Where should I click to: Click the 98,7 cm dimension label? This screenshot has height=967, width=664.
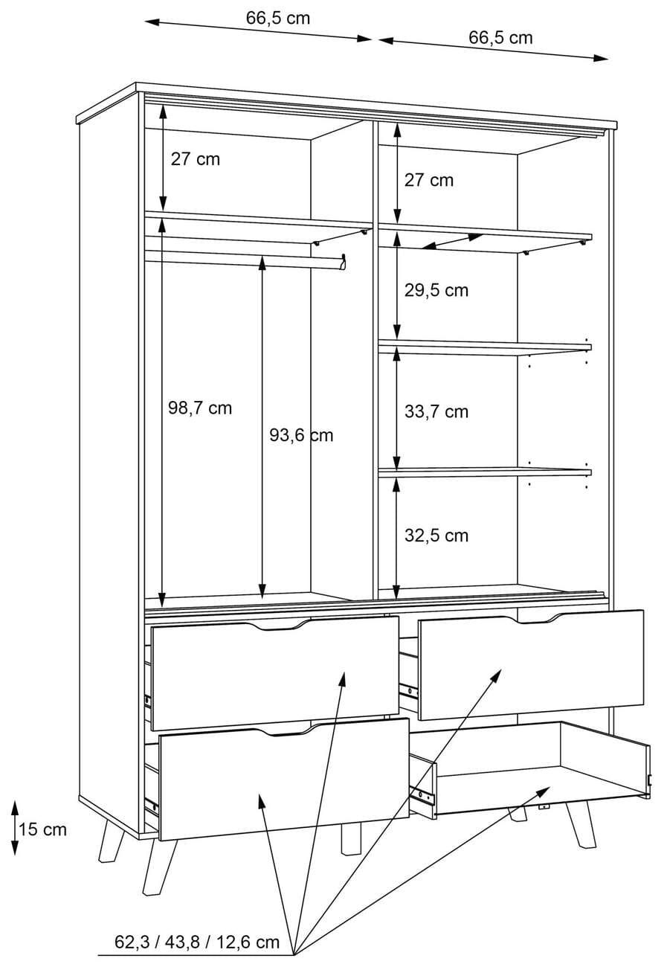(200, 408)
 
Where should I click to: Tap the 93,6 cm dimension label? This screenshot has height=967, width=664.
(301, 435)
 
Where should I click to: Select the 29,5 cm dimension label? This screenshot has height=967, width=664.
(436, 290)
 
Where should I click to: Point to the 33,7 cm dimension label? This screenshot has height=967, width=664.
(436, 411)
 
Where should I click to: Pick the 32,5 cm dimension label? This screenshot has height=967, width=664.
(436, 536)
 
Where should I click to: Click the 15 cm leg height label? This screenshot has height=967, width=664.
(42, 829)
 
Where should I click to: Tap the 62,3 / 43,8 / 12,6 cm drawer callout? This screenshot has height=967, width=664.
(197, 942)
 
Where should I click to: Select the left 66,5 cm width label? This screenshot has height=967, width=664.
(278, 18)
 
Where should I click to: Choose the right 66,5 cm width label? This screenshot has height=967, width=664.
(500, 37)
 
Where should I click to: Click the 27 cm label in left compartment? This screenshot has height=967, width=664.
(196, 159)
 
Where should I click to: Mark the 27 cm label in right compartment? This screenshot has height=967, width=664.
(429, 180)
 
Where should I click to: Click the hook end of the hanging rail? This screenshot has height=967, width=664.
(344, 263)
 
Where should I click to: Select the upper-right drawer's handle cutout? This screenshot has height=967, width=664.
(535, 618)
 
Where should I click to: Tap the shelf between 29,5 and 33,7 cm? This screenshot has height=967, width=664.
(485, 347)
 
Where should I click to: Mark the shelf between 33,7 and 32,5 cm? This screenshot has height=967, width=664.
(485, 472)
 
